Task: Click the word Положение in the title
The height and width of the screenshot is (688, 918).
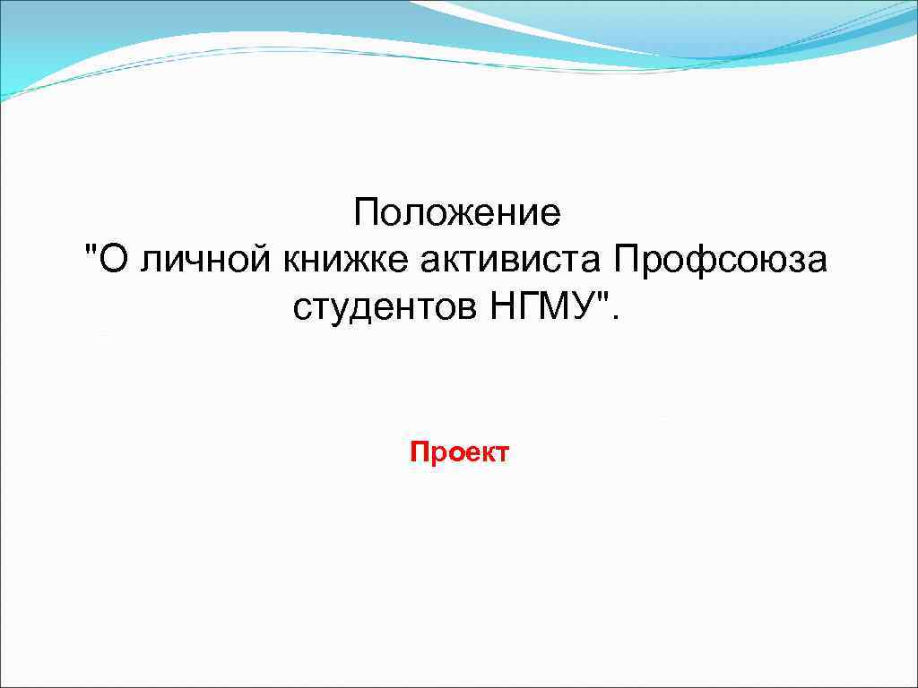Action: click(457, 214)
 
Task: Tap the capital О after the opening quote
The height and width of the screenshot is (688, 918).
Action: click(110, 261)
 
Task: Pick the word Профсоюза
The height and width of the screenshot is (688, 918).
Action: click(722, 261)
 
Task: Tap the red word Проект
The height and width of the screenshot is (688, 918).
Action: click(459, 452)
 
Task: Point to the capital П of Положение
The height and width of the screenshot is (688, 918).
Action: click(366, 214)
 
